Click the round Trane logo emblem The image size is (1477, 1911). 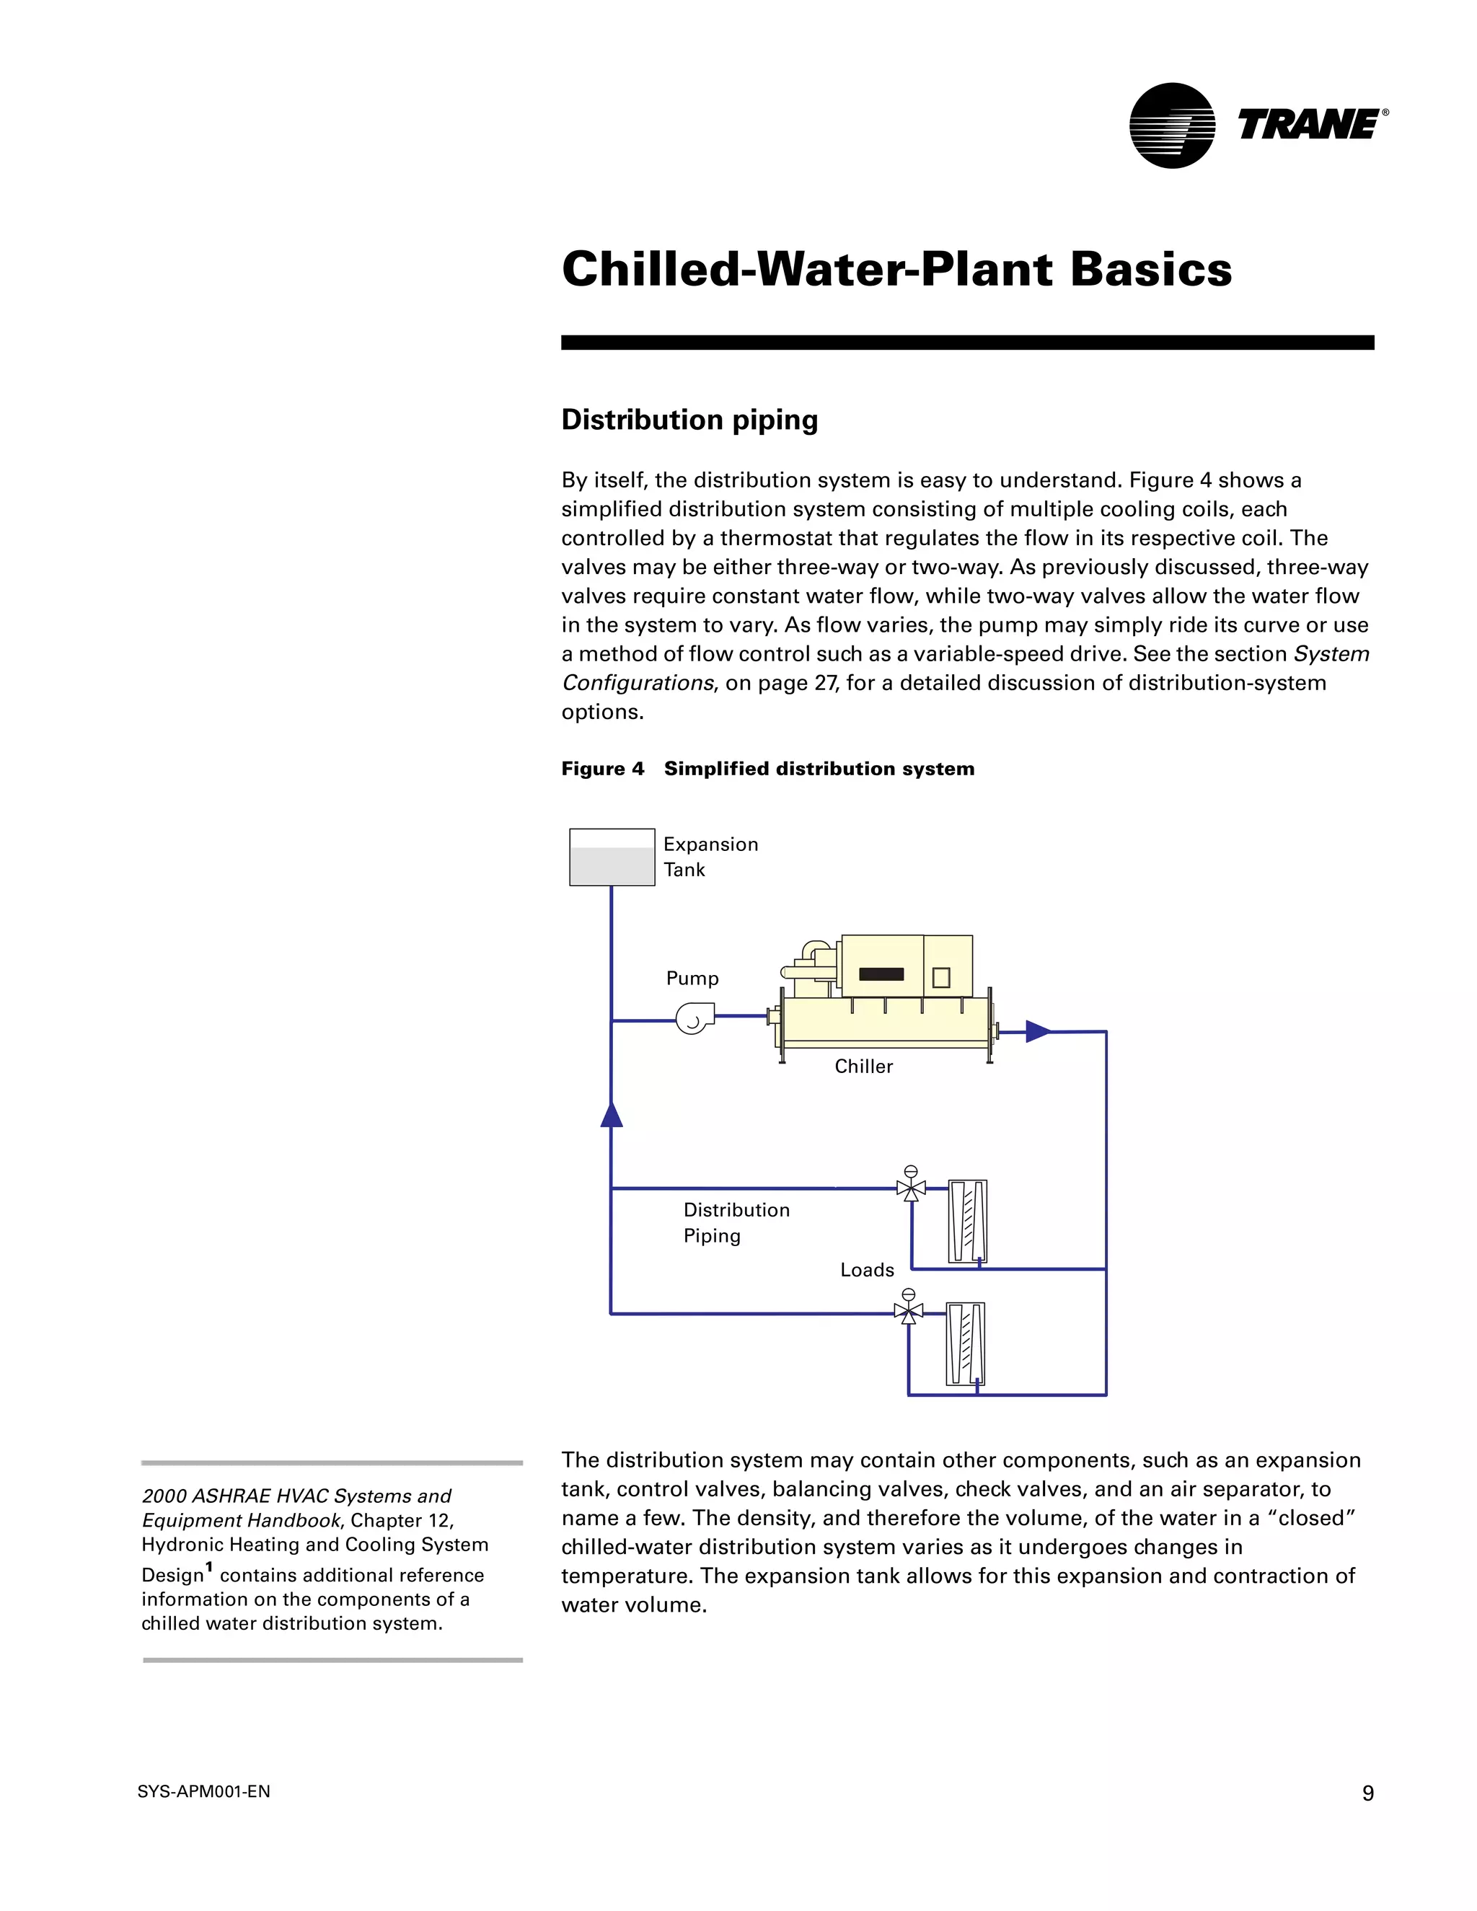(x=1172, y=125)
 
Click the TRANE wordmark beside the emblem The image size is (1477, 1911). (x=1309, y=125)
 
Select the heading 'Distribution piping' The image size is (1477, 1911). (x=689, y=420)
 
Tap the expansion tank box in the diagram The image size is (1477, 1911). (x=612, y=857)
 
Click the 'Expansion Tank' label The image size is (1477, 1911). (x=710, y=857)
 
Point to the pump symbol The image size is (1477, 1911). (x=694, y=1018)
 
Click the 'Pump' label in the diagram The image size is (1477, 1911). (x=692, y=979)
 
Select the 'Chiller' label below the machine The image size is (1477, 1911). (x=863, y=1067)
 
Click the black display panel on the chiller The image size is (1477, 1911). (x=881, y=974)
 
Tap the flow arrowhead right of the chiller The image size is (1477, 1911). (x=1038, y=1032)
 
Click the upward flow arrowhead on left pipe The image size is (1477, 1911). (x=612, y=1114)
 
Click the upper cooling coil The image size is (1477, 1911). (x=968, y=1222)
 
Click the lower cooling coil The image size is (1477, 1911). (x=965, y=1344)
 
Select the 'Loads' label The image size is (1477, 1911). (x=867, y=1270)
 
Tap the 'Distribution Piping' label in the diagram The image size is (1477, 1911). (x=736, y=1222)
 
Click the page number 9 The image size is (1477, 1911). (x=1367, y=1793)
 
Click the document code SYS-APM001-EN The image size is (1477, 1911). (x=204, y=1792)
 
